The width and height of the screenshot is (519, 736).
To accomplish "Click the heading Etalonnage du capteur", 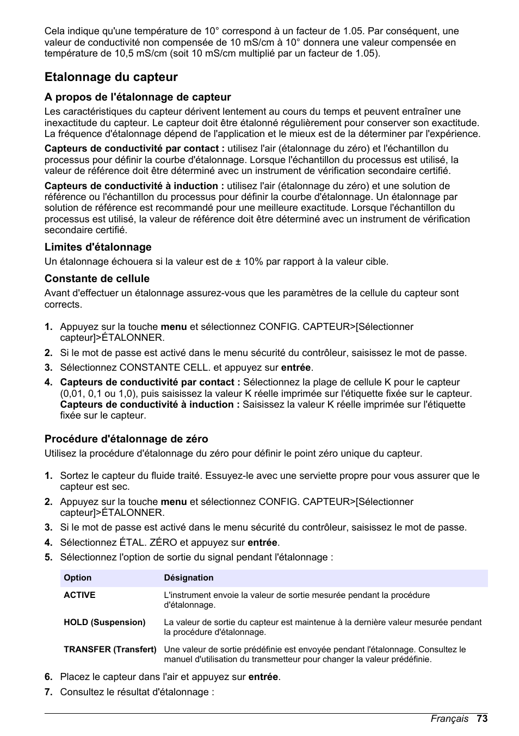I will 111,77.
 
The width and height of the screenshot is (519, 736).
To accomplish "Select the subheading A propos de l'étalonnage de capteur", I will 138,97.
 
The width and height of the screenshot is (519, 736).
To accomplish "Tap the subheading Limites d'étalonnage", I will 98,247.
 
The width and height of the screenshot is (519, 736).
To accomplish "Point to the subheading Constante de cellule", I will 97,279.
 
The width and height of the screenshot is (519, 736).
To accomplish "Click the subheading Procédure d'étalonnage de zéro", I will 126,439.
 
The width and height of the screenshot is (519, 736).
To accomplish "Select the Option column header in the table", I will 78,578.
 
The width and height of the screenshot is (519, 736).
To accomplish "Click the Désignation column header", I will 189,578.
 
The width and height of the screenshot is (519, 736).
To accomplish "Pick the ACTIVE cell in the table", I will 79,595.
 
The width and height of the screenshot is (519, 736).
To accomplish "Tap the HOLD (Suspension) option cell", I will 104,622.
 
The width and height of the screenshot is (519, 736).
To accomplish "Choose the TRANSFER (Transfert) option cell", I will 110,650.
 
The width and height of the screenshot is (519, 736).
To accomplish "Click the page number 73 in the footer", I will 482,719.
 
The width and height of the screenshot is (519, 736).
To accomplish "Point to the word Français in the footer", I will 449,719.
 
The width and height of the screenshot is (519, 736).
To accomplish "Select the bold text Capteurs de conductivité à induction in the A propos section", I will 134,186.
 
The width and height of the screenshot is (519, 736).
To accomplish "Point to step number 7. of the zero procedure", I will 48,692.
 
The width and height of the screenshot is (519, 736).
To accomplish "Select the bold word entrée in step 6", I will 263,677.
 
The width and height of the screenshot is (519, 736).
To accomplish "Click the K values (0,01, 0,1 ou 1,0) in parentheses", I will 106,394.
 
